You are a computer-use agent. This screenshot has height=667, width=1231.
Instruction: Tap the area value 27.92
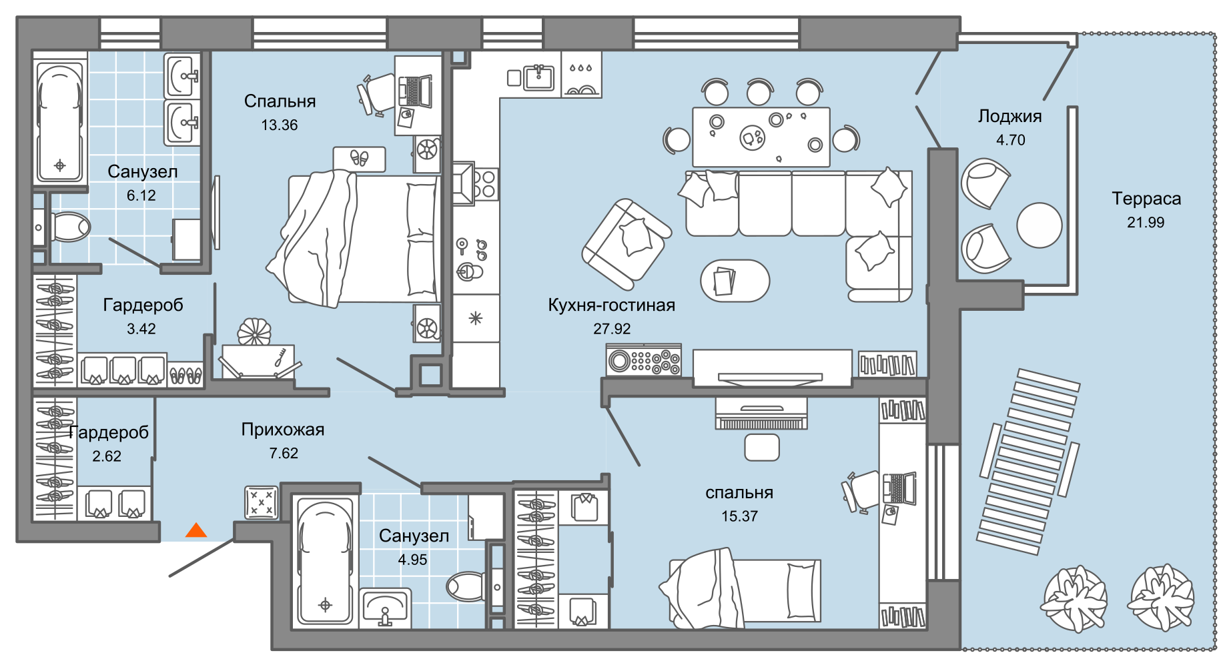pyautogui.click(x=612, y=329)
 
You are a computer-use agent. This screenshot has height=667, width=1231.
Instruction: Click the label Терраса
pyautogui.click(x=1146, y=199)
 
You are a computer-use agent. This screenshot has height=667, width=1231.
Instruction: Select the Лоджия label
pyautogui.click(x=1010, y=117)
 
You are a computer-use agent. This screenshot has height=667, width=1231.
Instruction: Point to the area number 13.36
pyautogui.click(x=279, y=125)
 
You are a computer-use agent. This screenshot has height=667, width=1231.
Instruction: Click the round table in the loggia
pyautogui.click(x=1039, y=225)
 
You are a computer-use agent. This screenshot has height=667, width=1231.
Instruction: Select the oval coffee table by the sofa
pyautogui.click(x=735, y=281)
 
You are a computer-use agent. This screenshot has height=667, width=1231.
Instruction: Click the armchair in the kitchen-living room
pyautogui.click(x=627, y=244)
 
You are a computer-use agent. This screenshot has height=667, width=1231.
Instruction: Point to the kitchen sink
pyautogui.click(x=538, y=77)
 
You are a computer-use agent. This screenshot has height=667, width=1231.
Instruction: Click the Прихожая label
pyautogui.click(x=283, y=430)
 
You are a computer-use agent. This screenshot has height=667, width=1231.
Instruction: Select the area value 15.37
pyautogui.click(x=739, y=516)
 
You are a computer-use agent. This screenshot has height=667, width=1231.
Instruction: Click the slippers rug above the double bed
pyautogui.click(x=360, y=159)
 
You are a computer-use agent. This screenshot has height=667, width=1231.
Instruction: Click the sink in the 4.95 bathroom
pyautogui.click(x=385, y=608)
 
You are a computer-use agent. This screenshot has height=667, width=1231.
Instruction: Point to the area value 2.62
pyautogui.click(x=107, y=456)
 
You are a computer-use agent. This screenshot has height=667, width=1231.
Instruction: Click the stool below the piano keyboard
pyautogui.click(x=762, y=447)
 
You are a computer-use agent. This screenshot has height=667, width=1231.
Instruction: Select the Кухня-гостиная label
pyautogui.click(x=611, y=305)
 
